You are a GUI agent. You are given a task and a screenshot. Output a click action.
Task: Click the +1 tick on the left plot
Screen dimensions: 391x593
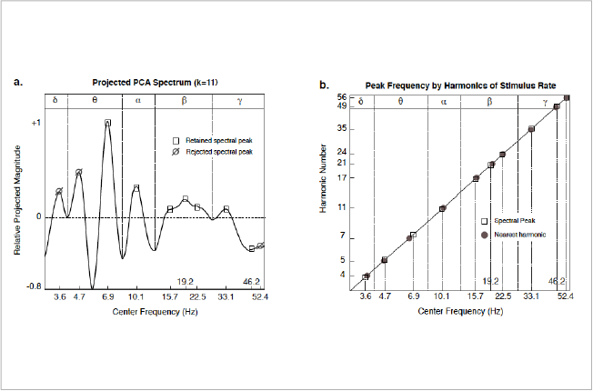point(35,122)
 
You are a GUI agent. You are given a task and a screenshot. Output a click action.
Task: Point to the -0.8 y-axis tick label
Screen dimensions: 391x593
point(33,286)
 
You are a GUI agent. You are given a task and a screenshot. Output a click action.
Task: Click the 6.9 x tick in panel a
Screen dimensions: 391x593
point(107,297)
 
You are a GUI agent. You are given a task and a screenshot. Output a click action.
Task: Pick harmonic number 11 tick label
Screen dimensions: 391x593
point(342,207)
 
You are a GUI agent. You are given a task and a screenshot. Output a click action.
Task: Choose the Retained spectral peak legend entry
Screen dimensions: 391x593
point(207,141)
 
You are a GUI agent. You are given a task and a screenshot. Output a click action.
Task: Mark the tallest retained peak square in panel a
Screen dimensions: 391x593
point(107,123)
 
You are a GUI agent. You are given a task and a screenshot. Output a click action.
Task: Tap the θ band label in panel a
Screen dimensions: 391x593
point(95,100)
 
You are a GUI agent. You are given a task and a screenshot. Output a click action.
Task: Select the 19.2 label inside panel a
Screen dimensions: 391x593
point(185,281)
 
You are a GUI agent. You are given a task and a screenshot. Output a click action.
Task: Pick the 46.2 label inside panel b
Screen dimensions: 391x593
point(557,281)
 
